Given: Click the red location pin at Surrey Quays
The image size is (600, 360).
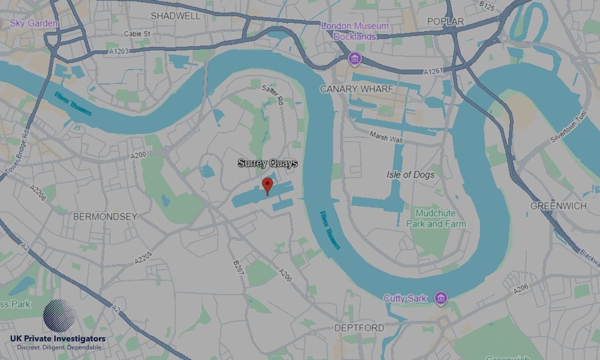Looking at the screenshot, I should tap(268, 185).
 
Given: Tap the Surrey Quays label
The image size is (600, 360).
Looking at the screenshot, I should tap(268, 163).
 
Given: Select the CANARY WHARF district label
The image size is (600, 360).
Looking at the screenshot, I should tap(356, 89).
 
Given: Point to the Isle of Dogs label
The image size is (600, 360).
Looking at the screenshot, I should tap(410, 175).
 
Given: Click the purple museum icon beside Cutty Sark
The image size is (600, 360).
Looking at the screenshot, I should tap(441, 298).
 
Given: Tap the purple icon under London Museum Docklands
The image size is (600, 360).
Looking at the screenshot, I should tap(355, 58).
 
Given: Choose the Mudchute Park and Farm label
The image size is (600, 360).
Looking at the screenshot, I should tap(436, 218).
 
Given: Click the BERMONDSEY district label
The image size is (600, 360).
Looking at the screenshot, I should tap(105, 217).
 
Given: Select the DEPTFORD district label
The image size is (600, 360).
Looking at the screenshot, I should tap(359, 328).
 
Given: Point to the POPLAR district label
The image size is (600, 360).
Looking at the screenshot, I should tap(445, 22).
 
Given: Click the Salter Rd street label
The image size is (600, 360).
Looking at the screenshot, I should tap(272, 95).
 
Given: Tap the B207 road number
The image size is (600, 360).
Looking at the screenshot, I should tap(238, 268).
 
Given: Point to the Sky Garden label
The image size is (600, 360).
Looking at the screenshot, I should tap(34, 23).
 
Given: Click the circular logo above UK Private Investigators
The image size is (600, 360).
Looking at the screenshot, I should tap(59, 316).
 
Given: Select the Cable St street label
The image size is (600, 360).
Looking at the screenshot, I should tap(137, 34).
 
